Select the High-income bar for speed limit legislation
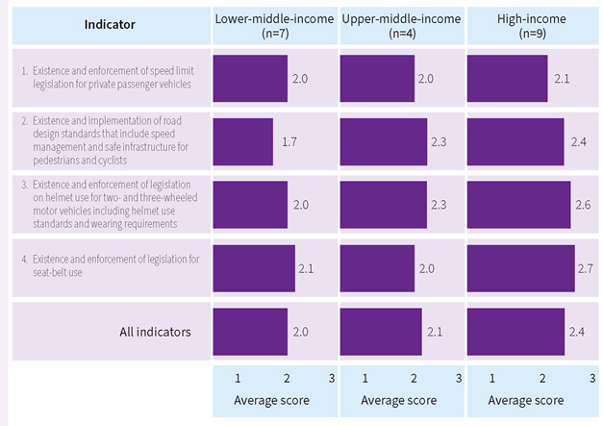(x=507, y=78)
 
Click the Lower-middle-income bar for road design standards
(x=243, y=141)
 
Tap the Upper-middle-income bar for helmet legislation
(x=380, y=205)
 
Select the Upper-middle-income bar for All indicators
(x=381, y=332)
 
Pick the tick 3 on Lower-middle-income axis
(x=331, y=378)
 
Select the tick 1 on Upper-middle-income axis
(x=364, y=378)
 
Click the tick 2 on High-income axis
(x=541, y=378)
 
